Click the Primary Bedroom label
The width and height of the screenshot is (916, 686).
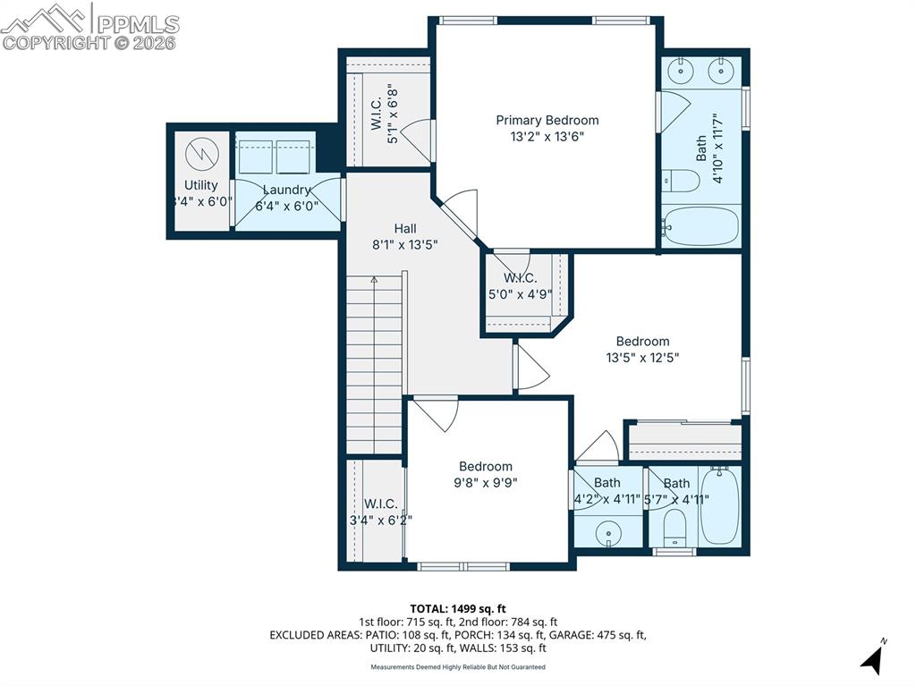pos(547,120)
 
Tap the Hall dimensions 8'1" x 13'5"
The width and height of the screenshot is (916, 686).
pos(404,244)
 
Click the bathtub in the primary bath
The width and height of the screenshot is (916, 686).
pos(701,226)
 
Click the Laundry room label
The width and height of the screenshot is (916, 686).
pos(286,190)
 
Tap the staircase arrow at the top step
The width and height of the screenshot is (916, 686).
pos(374,280)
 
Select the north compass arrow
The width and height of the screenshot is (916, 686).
pos(873,659)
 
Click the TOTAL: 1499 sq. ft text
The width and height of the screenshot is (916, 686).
pos(457,608)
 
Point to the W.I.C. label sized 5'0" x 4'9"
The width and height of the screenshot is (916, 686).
pos(520,277)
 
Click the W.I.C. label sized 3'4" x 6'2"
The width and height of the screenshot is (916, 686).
pos(381,504)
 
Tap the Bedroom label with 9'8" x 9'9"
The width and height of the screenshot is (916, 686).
pos(486,466)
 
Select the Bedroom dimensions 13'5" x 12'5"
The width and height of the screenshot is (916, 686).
pos(642,358)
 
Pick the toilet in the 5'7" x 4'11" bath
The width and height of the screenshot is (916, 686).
pos(674,528)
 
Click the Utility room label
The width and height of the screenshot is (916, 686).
pos(201,186)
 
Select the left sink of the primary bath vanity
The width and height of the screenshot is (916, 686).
pos(683,68)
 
